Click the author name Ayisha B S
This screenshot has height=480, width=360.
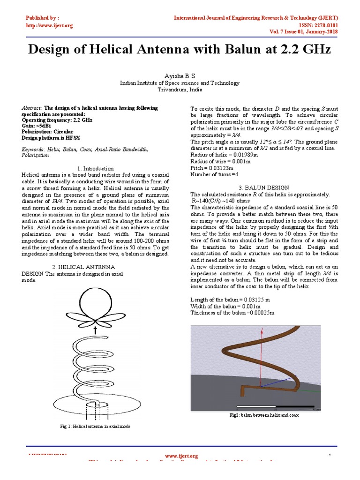click(x=180, y=75)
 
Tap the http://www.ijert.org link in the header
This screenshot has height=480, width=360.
click(x=49, y=25)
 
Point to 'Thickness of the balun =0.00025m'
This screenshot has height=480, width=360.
click(x=232, y=313)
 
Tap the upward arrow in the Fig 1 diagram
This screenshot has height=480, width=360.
click(x=95, y=330)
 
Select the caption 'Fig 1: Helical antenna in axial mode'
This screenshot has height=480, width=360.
click(x=95, y=427)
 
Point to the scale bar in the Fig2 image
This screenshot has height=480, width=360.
click(x=277, y=406)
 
